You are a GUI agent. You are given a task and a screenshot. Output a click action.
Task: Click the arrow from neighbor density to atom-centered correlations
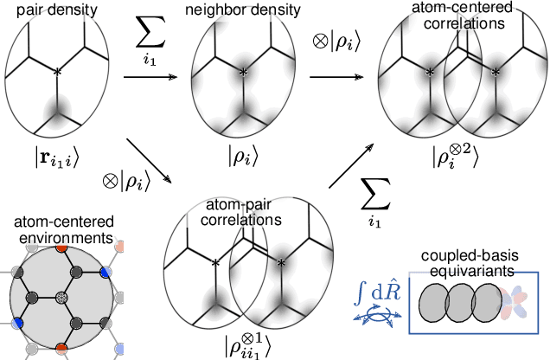tap(336, 79)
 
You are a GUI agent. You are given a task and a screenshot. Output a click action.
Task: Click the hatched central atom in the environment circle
tap(60, 298)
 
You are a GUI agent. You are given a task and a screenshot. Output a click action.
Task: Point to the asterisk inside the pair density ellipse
tap(58, 73)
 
